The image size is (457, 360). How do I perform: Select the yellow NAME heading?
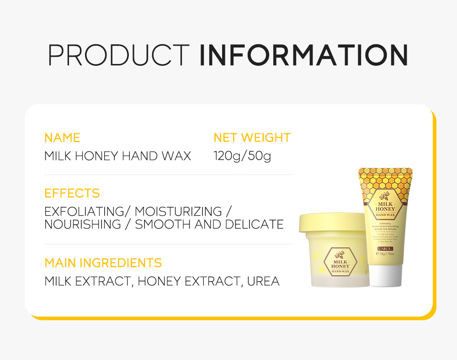click(x=62, y=138)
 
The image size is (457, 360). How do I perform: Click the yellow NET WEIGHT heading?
click(x=252, y=138)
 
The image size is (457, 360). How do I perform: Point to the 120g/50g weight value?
click(x=242, y=156)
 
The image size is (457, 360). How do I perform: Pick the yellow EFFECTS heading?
click(x=72, y=193)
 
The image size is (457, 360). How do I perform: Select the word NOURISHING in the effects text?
click(x=83, y=224)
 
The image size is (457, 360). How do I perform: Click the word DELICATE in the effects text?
click(x=255, y=224)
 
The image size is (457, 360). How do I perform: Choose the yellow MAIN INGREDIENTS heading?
click(x=103, y=263)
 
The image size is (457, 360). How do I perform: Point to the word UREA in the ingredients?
click(x=263, y=281)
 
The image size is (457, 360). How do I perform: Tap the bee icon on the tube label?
click(x=385, y=195)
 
